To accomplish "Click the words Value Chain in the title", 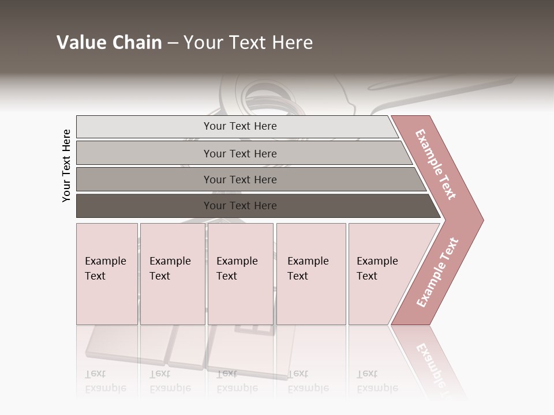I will click(109, 43).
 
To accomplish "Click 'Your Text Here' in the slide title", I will click(248, 43).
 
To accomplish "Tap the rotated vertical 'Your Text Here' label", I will click(66, 165).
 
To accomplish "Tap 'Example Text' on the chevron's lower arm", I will click(437, 273).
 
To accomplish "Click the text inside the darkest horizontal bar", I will click(240, 206).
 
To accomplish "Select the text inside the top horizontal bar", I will click(240, 126).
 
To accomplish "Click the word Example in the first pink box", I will click(105, 261).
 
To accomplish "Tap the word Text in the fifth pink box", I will click(367, 276).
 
